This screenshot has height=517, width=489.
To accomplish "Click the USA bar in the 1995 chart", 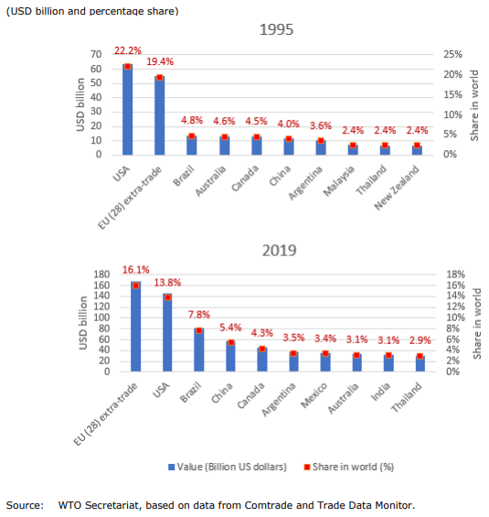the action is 127,110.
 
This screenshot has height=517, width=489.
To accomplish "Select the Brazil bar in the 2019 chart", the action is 199,350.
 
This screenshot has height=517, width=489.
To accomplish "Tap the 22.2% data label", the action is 128,50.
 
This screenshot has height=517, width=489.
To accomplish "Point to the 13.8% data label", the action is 167,283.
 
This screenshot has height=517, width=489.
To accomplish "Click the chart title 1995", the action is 276,29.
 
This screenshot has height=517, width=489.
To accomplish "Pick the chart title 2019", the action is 280,251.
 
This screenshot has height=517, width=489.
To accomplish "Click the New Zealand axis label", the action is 397,188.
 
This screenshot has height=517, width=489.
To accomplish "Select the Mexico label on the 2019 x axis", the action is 314,395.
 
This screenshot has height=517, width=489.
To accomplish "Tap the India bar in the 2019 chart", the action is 388,363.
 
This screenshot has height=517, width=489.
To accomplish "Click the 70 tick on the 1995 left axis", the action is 96,54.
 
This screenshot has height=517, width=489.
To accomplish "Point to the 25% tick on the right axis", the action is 452,54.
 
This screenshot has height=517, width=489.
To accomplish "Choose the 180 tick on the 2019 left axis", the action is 101,275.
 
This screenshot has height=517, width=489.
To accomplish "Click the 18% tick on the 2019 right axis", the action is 456,275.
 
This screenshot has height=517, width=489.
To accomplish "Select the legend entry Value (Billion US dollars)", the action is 228,467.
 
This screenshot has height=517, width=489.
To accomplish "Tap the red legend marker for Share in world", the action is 307,467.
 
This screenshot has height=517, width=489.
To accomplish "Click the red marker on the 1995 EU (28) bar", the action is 160,78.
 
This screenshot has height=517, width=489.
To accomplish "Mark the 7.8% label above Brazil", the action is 199,315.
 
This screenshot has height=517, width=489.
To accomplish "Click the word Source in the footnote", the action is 25,505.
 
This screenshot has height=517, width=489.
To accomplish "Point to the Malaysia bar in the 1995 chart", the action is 353,150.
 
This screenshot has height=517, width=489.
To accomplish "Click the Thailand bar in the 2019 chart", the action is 420,363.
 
